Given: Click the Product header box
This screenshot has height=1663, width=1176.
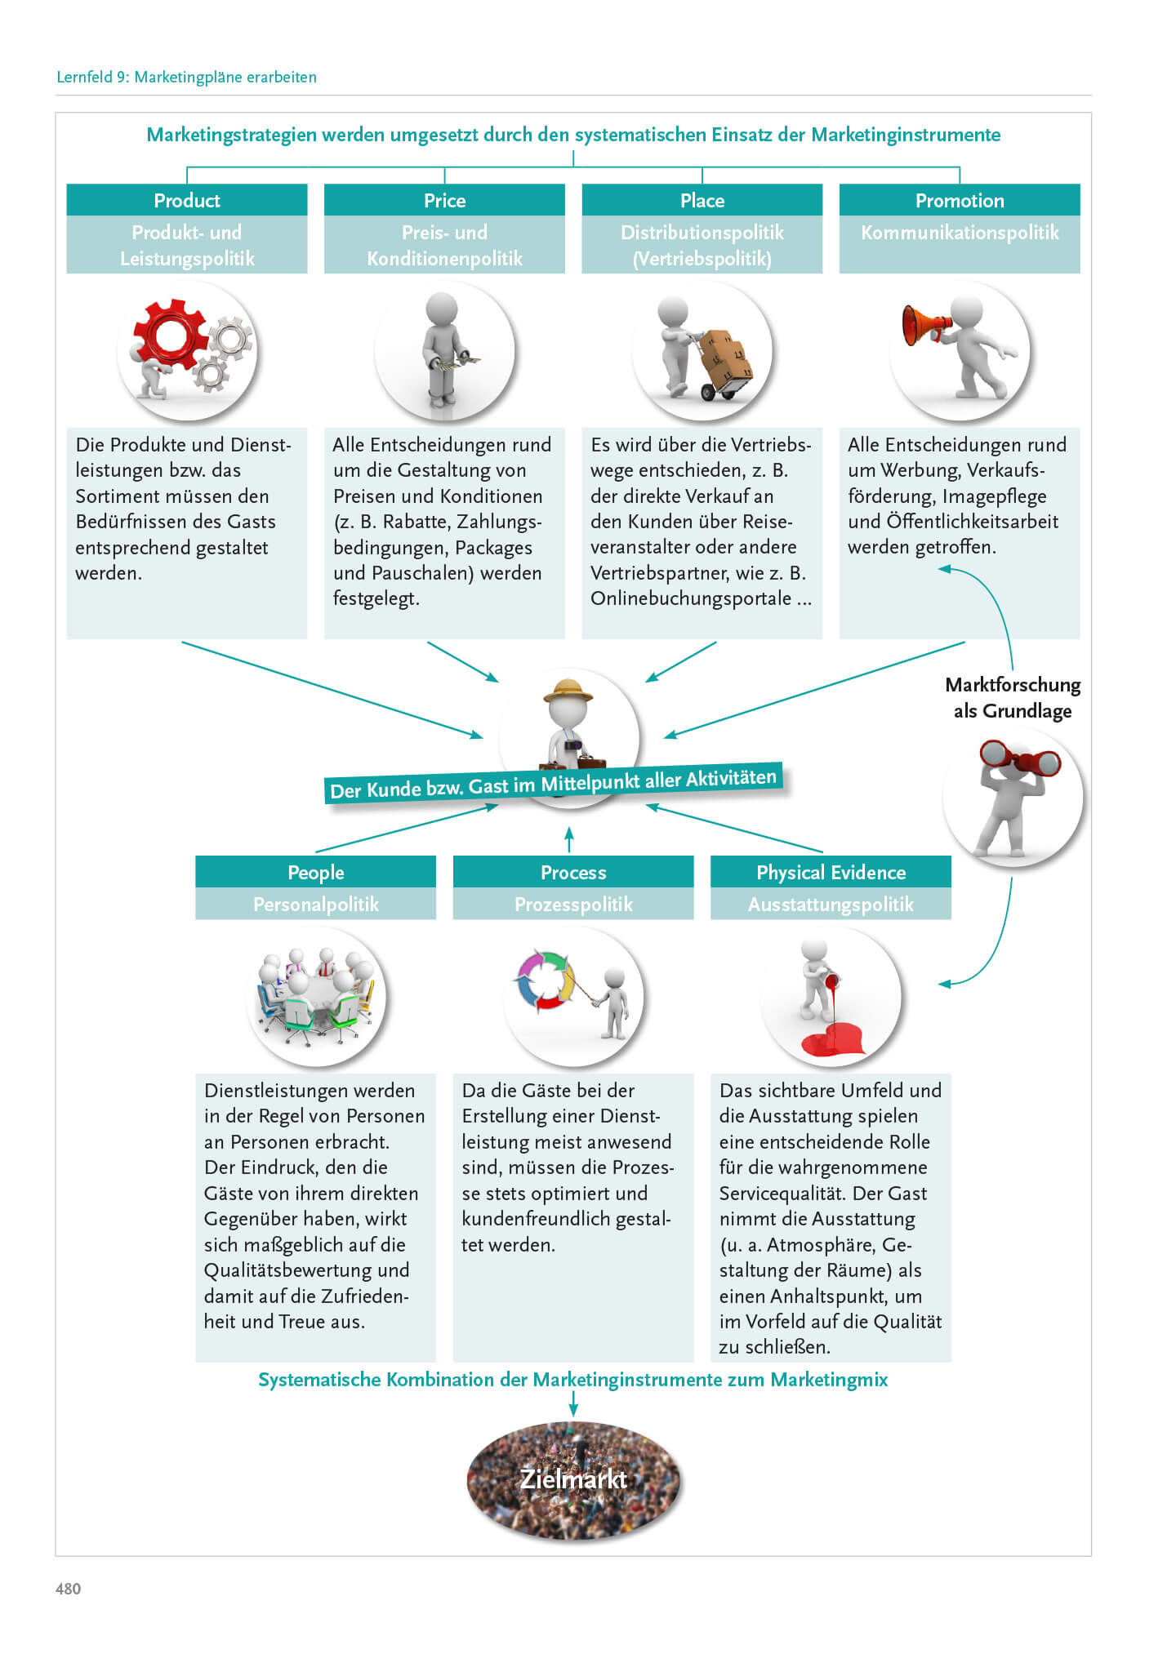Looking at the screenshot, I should coord(186,200).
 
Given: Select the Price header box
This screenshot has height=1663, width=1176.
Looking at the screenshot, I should coord(444,200).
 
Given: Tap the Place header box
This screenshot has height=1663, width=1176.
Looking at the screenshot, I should coord(702,200).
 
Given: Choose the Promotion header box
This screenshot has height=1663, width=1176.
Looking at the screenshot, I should coord(960,200).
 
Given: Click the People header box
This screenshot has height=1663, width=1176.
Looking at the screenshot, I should coord(315,872).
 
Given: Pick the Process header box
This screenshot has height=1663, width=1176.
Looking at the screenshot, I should coord(573,872).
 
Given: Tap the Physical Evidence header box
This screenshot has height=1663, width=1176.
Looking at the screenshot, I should coord(831,872).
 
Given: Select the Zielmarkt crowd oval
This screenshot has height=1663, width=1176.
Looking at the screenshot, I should coord(573,1479).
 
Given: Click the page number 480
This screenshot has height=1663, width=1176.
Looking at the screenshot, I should coord(69,1588).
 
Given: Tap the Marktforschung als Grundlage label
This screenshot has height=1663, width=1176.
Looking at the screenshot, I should coord(1013,697).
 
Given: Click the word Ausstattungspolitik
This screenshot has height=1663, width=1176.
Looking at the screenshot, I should coord(831,904).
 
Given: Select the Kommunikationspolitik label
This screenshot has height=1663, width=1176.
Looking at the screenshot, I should coord(960,233).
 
